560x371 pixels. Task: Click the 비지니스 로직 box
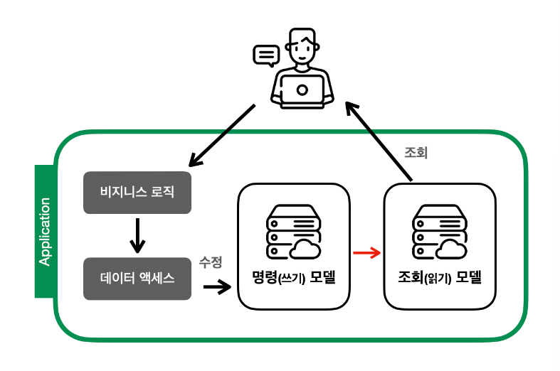(x=137, y=192)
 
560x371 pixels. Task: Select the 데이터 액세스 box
(x=137, y=278)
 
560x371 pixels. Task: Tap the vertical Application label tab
(x=45, y=231)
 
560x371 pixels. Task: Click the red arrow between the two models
(x=366, y=252)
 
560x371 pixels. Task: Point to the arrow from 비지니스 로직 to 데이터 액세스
(x=137, y=235)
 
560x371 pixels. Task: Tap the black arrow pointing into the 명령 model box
(x=217, y=287)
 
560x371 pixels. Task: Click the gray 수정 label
(x=211, y=262)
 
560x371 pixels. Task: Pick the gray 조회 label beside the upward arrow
(x=416, y=153)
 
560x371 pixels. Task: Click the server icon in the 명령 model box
(x=292, y=232)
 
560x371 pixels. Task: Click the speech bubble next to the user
(x=266, y=55)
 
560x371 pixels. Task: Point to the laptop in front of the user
(x=302, y=90)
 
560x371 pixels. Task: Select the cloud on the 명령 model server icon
(x=306, y=249)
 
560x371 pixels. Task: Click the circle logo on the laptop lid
(x=302, y=90)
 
